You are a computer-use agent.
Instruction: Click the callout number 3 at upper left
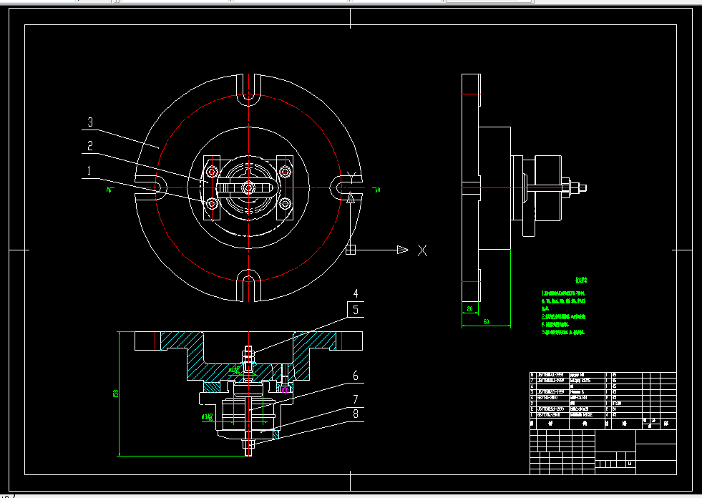90,122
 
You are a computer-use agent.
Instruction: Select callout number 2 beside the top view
90,146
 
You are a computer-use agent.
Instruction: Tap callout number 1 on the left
89,170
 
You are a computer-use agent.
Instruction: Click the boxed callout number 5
356,309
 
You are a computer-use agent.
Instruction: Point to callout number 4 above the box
356,293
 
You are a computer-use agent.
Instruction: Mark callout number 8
355,414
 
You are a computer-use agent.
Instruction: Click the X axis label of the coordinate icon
422,250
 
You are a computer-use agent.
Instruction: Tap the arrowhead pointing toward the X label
402,250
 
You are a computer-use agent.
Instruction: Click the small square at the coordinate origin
350,250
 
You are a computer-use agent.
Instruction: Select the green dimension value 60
486,322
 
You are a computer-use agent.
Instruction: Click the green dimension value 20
469,309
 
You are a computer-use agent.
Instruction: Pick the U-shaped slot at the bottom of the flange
248,280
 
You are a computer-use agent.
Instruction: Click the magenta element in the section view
286,390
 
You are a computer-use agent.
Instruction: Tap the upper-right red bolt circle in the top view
285,172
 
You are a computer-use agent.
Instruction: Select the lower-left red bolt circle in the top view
212,205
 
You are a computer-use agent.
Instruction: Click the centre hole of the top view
248,187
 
